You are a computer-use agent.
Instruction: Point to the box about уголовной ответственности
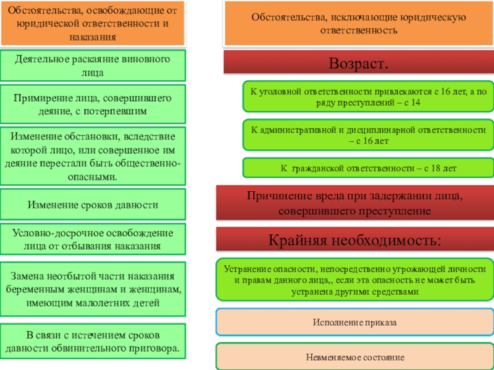[367, 97]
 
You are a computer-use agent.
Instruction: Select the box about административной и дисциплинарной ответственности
[367, 135]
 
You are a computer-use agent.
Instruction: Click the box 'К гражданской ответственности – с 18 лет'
[367, 167]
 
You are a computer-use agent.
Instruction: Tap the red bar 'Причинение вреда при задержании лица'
[354, 203]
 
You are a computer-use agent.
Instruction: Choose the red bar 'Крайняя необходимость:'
[354, 239]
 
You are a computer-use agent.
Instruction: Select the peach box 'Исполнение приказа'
[354, 323]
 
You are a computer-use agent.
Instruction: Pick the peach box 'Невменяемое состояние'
[354, 356]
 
